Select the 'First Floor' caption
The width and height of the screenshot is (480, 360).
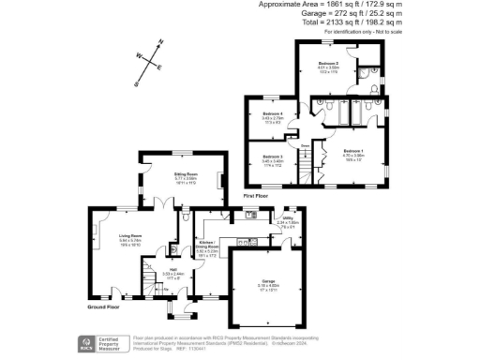[257, 196]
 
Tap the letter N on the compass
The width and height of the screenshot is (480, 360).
[161, 42]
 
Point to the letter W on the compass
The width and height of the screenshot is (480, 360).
[140, 56]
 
